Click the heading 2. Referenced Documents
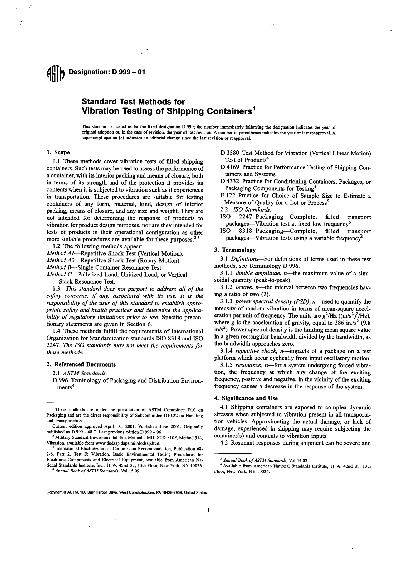(81, 364)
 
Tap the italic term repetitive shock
(254, 351)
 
